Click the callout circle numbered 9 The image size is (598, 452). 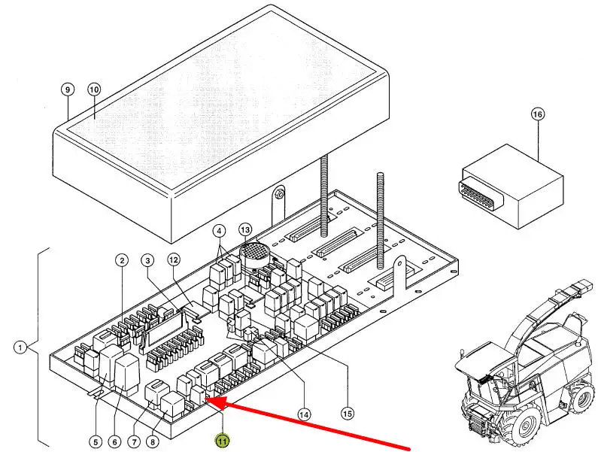(67, 89)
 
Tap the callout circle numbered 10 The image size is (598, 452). (94, 89)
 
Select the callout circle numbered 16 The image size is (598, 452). (538, 114)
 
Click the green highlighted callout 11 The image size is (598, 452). (223, 441)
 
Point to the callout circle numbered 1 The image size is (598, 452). (20, 347)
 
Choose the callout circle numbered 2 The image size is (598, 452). (121, 261)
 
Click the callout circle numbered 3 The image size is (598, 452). (147, 261)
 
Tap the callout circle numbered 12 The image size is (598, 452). (174, 260)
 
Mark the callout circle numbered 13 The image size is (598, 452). (245, 229)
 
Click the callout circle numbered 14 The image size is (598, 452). (304, 414)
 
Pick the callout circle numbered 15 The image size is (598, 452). (347, 413)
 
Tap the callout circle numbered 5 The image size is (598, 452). (95, 441)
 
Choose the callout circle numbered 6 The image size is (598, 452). (115, 441)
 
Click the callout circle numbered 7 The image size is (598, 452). (136, 441)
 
